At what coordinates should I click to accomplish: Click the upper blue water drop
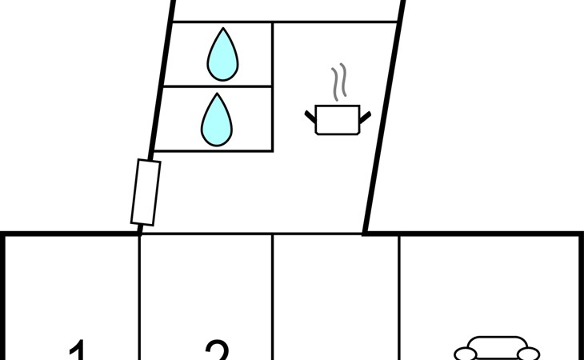coord(222,56)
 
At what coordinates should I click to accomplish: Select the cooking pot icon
coord(338,119)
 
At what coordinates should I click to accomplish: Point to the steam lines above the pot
coord(339,83)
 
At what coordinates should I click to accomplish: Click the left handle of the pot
coord(310,117)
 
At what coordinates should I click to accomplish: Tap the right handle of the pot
coord(366,117)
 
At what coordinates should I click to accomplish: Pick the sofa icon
coord(497,350)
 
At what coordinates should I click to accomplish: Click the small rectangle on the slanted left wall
coord(146,192)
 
